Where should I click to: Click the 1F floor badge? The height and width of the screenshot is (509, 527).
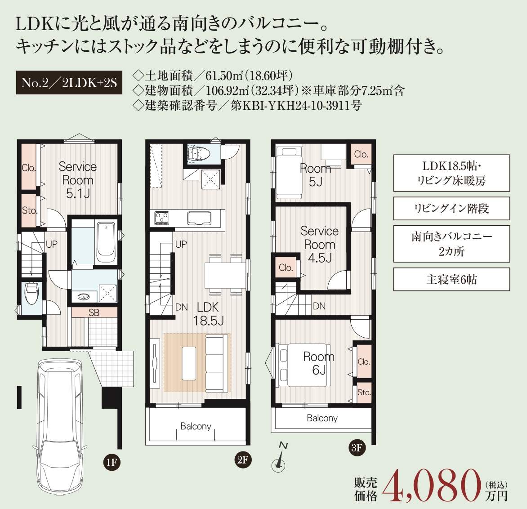111,463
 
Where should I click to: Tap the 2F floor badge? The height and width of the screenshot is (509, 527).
243,460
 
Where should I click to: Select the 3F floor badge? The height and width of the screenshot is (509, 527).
357,447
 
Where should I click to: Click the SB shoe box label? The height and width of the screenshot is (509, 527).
94,313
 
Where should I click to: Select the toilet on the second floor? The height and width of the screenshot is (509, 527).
199,154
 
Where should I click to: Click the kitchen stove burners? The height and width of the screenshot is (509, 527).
162,218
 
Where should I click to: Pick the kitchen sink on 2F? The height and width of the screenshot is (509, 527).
200,219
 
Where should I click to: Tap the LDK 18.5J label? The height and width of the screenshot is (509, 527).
208,314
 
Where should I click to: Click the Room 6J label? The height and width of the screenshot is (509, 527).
319,363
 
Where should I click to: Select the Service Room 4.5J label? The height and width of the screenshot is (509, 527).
319,245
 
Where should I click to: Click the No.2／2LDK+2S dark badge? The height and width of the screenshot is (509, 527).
69,83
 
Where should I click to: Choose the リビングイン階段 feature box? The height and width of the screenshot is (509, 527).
451,209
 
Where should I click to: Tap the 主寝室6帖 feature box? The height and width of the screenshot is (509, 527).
451,279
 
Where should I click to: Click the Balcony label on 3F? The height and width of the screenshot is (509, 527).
322,418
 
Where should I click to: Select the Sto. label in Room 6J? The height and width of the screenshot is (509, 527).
364,393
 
